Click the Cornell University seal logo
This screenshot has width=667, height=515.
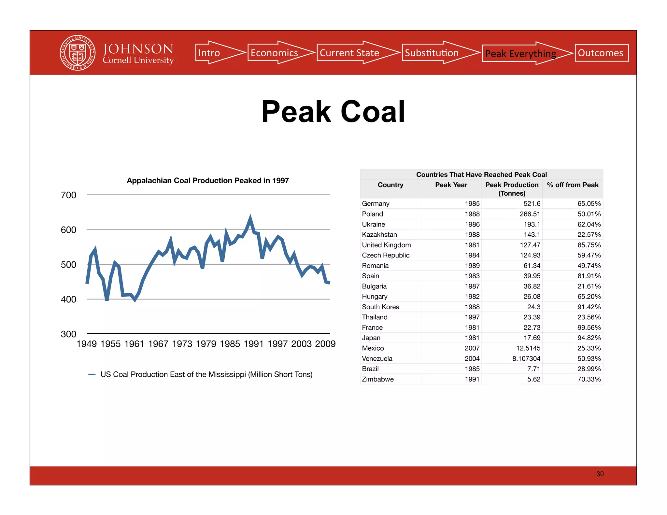(x=78, y=53)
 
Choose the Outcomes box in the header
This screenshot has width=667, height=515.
(x=601, y=53)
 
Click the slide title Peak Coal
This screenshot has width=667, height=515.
(x=333, y=112)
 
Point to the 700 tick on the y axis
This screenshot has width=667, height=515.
(x=68, y=195)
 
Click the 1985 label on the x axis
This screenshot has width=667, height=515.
(x=230, y=344)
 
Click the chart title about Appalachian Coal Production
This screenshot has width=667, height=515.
(x=208, y=181)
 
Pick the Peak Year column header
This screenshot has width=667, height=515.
(x=451, y=185)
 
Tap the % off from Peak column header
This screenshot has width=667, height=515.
(x=573, y=185)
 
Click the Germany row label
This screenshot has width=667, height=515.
(x=376, y=204)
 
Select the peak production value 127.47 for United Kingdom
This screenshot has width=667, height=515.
(x=530, y=245)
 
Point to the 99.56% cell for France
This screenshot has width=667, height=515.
(x=589, y=327)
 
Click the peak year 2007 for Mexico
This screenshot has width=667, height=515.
(x=472, y=348)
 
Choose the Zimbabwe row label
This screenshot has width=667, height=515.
(x=378, y=379)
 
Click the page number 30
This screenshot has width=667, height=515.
(x=600, y=474)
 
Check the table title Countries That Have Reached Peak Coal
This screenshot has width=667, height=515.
(x=481, y=174)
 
